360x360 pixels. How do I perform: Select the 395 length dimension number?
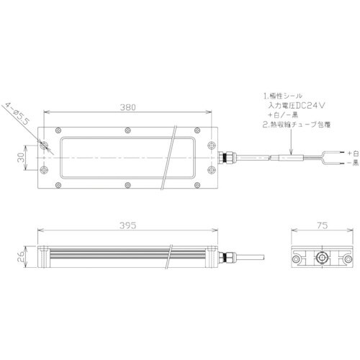[127, 225]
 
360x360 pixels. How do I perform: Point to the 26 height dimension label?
[22, 254]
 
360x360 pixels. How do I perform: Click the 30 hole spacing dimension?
[23, 157]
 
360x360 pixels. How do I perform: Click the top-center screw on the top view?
[127, 130]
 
